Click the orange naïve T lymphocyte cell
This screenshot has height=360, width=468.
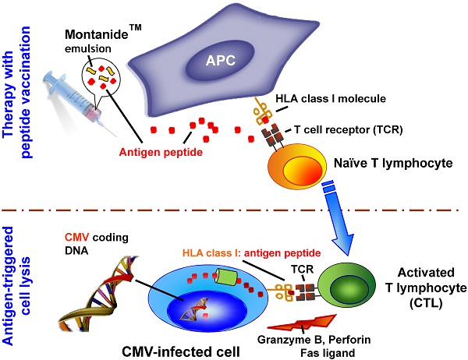point(294,167)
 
